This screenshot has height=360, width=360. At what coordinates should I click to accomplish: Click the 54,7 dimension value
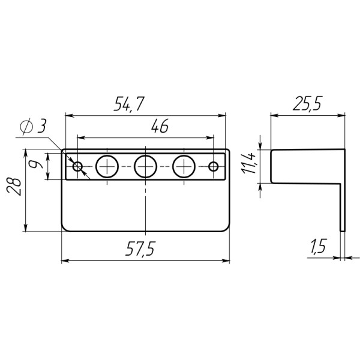(129, 104)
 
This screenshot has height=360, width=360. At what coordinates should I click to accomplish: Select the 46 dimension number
(160, 126)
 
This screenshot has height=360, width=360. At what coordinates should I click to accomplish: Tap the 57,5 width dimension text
(140, 248)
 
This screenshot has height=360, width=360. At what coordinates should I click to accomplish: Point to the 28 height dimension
(14, 187)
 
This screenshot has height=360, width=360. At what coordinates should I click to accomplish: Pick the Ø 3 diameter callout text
(33, 126)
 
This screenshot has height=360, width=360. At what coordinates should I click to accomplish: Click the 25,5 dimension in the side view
(308, 103)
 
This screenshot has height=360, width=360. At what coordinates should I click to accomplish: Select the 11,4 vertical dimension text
(249, 163)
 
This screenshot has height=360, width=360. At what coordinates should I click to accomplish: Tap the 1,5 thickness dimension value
(319, 246)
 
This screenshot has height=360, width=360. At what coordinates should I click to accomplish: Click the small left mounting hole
(77, 166)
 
